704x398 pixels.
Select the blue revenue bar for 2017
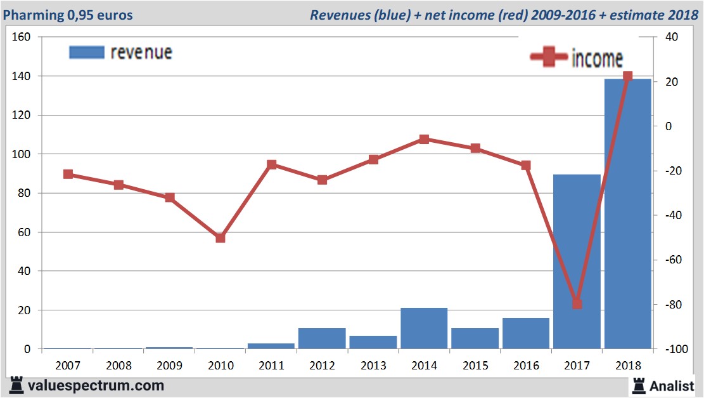pyautogui.click(x=577, y=260)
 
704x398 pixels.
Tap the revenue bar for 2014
pyautogui.click(x=424, y=328)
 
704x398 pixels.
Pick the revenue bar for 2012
pyautogui.click(x=322, y=338)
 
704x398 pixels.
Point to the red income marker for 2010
pyautogui.click(x=221, y=238)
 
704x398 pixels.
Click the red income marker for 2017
pyautogui.click(x=577, y=304)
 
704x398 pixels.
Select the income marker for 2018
pyautogui.click(x=627, y=77)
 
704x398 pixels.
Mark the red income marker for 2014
pyautogui.click(x=424, y=139)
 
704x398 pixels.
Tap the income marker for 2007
pyautogui.click(x=68, y=175)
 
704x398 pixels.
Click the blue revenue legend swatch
pyautogui.click(x=86, y=52)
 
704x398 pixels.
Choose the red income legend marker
pyautogui.click(x=548, y=58)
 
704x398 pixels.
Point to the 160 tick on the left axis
pyautogui.click(x=22, y=37)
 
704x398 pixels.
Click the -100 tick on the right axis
pyautogui.click(x=672, y=350)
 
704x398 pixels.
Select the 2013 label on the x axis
pyautogui.click(x=373, y=366)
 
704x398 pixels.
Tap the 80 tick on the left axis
pyautogui.click(x=25, y=193)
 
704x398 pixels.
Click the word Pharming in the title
pyautogui.click(x=33, y=15)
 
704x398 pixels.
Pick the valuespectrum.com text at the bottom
pyautogui.click(x=96, y=385)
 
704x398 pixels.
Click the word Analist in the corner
pyautogui.click(x=672, y=385)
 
